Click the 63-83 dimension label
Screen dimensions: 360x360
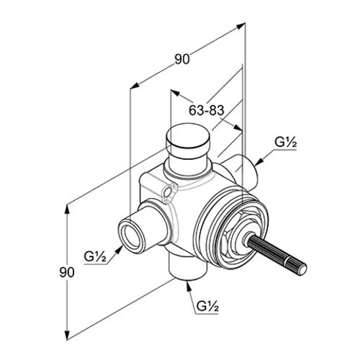pyautogui.click(x=206, y=110)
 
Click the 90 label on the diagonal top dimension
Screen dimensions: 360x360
pyautogui.click(x=182, y=59)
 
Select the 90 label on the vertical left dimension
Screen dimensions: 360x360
pyautogui.click(x=67, y=272)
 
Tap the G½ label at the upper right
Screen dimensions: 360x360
pyautogui.click(x=286, y=143)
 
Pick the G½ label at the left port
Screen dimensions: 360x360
pyautogui.click(x=95, y=256)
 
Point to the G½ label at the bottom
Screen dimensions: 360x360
pyautogui.click(x=207, y=306)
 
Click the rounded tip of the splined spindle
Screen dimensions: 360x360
pyautogui.click(x=303, y=269)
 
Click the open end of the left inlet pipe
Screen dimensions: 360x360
pyautogui.click(x=132, y=235)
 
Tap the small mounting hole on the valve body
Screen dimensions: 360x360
pyautogui.click(x=168, y=192)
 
